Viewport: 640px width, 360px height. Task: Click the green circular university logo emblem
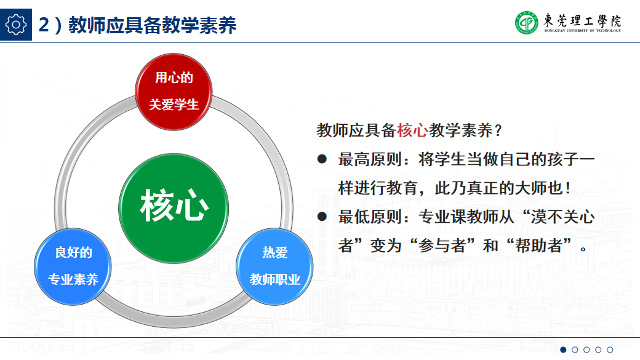pyautogui.click(x=527, y=23)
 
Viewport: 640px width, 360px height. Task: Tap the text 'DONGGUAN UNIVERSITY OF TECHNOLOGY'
pyautogui.click(x=582, y=30)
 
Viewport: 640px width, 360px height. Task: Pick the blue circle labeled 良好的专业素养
pyautogui.click(x=73, y=266)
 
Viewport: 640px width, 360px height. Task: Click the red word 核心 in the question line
pyautogui.click(x=412, y=130)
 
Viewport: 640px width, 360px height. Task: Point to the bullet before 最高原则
pyautogui.click(x=321, y=159)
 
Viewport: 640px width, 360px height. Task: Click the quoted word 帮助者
pyautogui.click(x=538, y=246)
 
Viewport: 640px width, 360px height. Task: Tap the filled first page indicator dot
pyautogui.click(x=563, y=350)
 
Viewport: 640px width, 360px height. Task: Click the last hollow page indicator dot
pyautogui.click(x=610, y=350)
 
